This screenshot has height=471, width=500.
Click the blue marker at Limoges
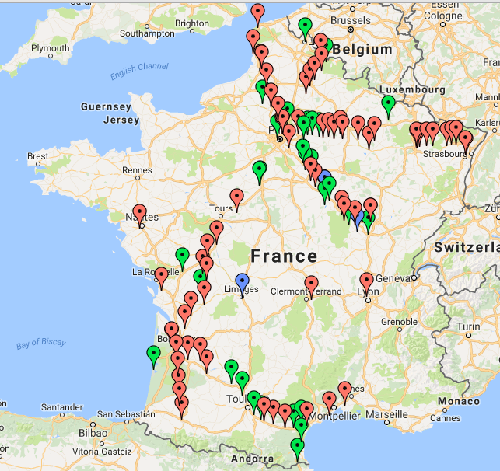242,282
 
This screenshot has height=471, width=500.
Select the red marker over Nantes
139,212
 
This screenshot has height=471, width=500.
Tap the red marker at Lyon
366,281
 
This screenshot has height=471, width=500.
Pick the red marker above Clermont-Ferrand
311,284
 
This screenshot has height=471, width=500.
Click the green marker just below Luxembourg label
389,104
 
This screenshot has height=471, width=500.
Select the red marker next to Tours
236,197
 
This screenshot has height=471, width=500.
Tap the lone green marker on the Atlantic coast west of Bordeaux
153,354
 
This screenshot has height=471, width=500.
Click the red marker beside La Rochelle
161,275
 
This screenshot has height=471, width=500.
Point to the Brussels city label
351,20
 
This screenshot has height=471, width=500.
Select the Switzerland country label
465,247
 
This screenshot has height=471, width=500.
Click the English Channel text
139,72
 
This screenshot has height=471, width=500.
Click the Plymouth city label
50,48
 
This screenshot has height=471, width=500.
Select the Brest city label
37,156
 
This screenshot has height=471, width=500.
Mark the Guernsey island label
105,106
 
